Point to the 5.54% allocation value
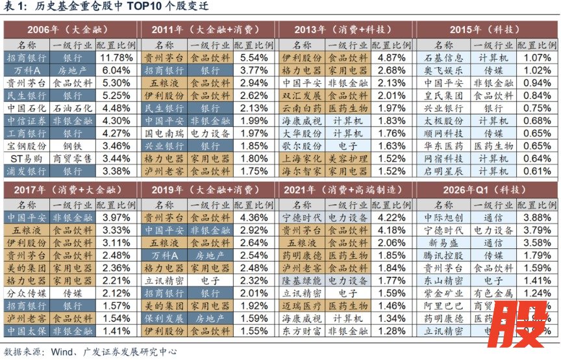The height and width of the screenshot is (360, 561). click(x=254, y=58)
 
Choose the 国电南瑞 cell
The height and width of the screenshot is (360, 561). click(x=162, y=133)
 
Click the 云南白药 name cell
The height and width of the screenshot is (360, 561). click(x=301, y=108)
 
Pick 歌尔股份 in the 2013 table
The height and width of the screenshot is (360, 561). click(x=301, y=146)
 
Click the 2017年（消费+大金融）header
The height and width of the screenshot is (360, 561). click(x=68, y=190)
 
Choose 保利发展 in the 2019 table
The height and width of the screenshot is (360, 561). click(x=162, y=319)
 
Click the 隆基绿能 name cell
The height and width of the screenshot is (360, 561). click(x=301, y=281)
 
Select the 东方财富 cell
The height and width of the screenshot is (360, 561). click(x=301, y=331)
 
